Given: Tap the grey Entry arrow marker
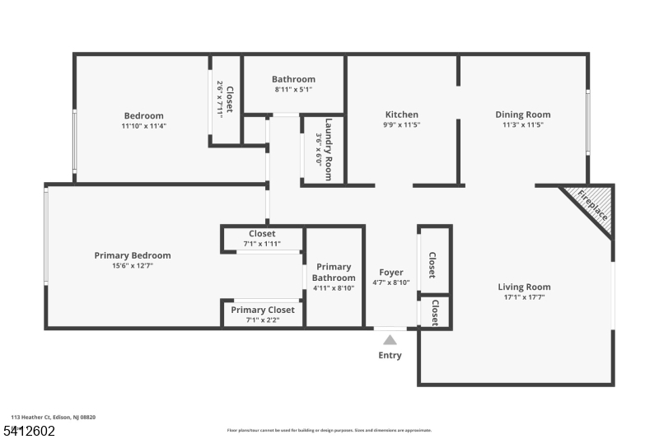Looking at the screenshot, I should click(x=390, y=339).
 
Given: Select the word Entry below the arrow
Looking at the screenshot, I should click(x=390, y=356).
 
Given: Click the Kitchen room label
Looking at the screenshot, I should click(x=402, y=114).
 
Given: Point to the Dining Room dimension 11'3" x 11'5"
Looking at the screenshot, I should click(x=523, y=125).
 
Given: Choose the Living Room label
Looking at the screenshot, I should click(x=524, y=287).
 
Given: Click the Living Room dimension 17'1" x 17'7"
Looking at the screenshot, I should click(x=524, y=297).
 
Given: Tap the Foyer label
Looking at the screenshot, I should click(x=391, y=272).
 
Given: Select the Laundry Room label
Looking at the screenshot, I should click(x=328, y=149).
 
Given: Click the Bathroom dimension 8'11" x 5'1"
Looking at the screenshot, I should click(x=293, y=90).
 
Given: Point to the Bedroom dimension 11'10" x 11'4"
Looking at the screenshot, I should click(x=144, y=126).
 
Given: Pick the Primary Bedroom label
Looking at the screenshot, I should click(x=133, y=255).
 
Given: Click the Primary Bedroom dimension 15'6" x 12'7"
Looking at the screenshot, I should click(x=133, y=266).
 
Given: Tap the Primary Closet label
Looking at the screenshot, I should click(x=263, y=310).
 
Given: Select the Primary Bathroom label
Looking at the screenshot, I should click(x=334, y=272).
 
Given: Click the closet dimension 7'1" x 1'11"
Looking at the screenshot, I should click(x=263, y=244).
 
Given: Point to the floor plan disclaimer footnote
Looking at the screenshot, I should click(x=329, y=430).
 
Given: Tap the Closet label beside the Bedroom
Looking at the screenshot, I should click(x=230, y=99).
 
